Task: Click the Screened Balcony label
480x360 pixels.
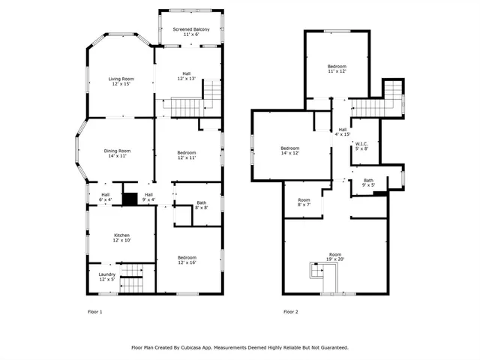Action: (x=191, y=32)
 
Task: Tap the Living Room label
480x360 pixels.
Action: (x=121, y=81)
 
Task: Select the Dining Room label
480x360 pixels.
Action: (x=117, y=154)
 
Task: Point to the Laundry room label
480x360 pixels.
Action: (x=107, y=277)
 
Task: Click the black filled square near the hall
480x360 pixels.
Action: (x=130, y=199)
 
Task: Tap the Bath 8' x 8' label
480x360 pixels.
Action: (x=201, y=204)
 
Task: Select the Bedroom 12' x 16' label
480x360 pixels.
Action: (x=187, y=259)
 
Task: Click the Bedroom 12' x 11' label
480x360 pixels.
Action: (x=187, y=155)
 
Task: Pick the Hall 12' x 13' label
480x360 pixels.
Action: (x=185, y=76)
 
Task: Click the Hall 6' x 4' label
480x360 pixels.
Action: (x=106, y=197)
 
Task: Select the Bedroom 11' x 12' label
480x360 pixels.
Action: (x=337, y=70)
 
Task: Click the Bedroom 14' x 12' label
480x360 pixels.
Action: (x=290, y=150)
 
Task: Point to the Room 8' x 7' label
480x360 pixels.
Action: (x=304, y=202)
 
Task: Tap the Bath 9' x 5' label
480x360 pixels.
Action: (x=368, y=182)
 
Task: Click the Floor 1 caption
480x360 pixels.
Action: (x=95, y=311)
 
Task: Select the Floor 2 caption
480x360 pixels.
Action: (x=291, y=311)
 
